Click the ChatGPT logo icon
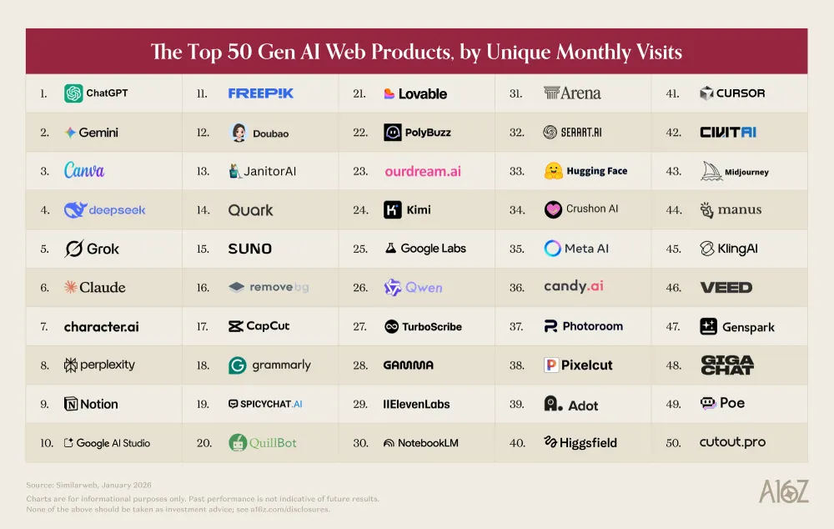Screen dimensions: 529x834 click(x=73, y=93)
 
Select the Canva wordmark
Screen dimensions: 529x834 click(x=84, y=171)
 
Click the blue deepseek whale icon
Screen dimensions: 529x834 click(x=75, y=210)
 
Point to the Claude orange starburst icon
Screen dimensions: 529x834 click(x=71, y=287)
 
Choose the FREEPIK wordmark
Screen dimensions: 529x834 click(x=261, y=93)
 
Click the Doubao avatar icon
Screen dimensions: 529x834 click(x=239, y=133)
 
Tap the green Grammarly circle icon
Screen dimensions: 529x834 click(x=238, y=365)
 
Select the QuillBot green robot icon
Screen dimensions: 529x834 click(x=238, y=443)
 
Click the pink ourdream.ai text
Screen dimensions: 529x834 click(x=423, y=171)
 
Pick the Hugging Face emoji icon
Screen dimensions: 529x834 click(x=552, y=171)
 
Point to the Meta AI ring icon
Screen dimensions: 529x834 click(x=552, y=249)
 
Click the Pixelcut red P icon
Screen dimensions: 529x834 click(x=551, y=365)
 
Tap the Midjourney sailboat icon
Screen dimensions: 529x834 click(x=708, y=171)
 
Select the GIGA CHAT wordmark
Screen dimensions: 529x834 click(x=726, y=365)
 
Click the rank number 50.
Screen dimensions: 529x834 click(x=674, y=443)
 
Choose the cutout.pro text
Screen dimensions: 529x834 click(x=732, y=443)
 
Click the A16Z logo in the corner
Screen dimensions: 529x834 click(x=783, y=493)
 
